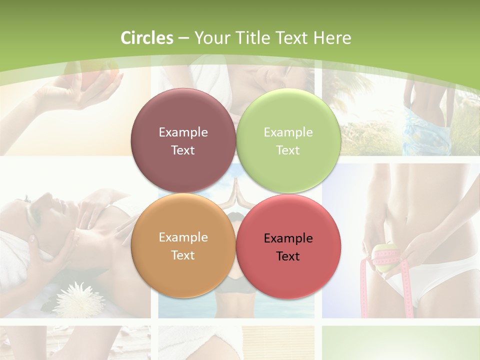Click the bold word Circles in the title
[147, 38]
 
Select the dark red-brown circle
[183, 141]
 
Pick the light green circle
[288, 141]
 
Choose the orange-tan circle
[183, 246]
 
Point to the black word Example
[288, 238]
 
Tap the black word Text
[288, 256]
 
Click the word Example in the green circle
[288, 132]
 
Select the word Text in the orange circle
[183, 255]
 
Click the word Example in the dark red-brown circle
[183, 132]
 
